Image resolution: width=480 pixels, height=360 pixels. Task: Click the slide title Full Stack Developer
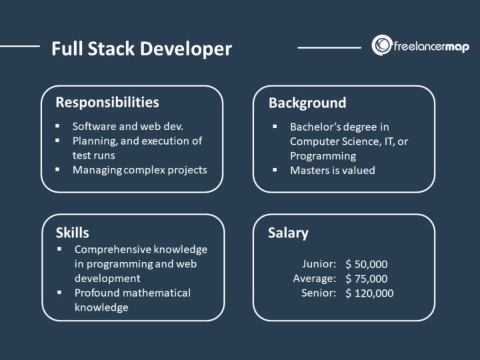(x=141, y=49)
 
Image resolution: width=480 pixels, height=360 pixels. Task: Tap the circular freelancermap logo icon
(x=382, y=45)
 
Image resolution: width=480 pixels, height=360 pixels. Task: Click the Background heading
(x=307, y=103)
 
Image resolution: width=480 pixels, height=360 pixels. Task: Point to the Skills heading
(x=73, y=233)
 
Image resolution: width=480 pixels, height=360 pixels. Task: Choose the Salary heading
(x=288, y=233)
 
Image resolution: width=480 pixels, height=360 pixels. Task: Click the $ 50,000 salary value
(x=367, y=264)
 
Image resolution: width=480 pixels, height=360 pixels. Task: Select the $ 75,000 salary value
(x=367, y=279)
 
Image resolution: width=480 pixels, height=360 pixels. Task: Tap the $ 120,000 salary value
(x=369, y=293)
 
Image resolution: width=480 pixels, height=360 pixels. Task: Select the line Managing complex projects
(x=140, y=169)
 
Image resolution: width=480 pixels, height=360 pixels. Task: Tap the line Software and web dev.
(x=128, y=125)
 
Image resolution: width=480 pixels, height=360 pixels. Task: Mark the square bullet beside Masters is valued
(x=275, y=170)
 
